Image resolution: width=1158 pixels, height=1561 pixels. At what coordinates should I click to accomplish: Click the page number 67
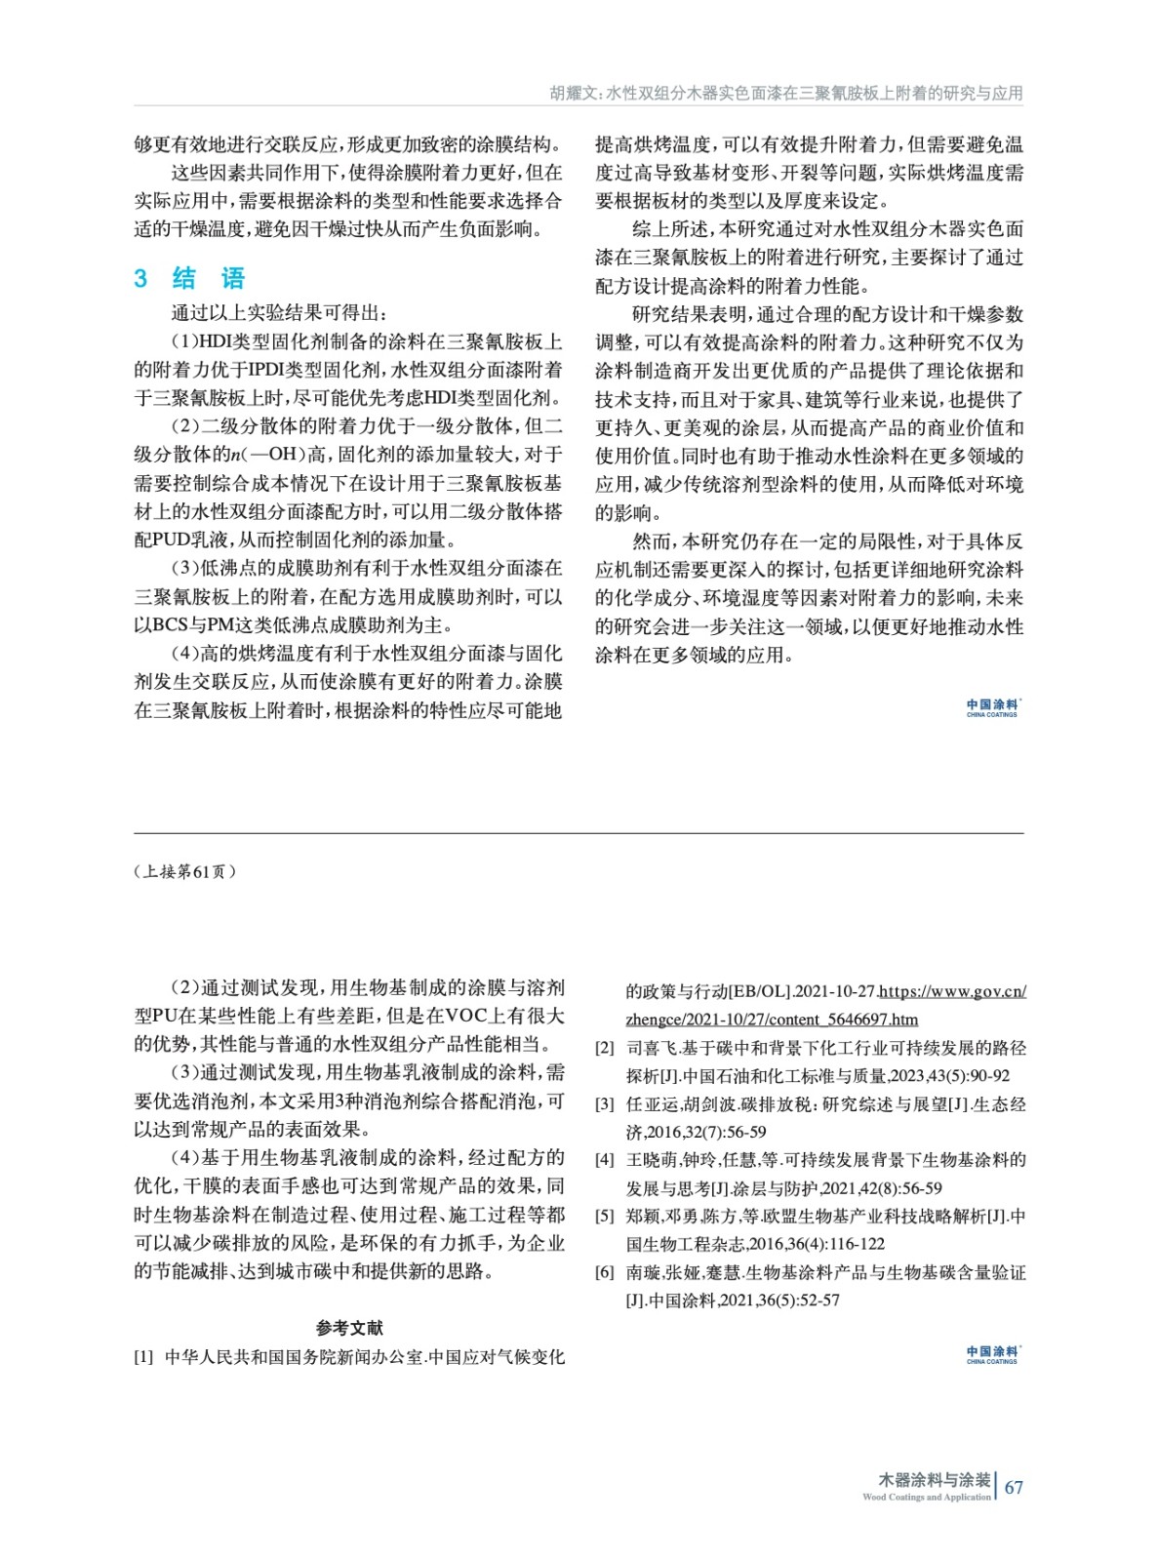click(x=1014, y=1487)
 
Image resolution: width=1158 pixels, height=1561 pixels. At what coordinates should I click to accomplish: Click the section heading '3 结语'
click(x=189, y=278)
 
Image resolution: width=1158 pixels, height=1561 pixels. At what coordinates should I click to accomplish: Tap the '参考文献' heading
click(x=349, y=1328)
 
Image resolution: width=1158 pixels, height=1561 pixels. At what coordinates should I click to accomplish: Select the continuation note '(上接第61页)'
click(x=184, y=871)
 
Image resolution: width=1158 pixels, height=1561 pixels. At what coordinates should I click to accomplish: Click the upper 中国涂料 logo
click(x=992, y=707)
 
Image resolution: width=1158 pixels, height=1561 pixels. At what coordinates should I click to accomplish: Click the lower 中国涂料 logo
click(x=992, y=1354)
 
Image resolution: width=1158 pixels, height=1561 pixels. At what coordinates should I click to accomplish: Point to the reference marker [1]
click(x=143, y=1357)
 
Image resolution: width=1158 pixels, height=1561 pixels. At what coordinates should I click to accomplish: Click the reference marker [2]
click(x=605, y=1048)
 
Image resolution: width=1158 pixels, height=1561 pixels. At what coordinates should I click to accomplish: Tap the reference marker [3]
click(x=605, y=1104)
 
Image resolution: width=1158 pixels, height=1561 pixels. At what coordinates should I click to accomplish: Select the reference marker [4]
click(x=605, y=1160)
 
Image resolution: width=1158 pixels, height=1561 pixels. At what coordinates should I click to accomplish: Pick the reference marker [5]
click(x=605, y=1217)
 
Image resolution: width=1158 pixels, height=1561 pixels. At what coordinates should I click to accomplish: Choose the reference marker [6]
click(x=605, y=1272)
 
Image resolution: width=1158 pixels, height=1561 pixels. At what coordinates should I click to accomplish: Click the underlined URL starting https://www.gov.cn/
click(x=952, y=991)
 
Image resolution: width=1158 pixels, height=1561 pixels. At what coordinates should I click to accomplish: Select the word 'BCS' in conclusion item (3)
click(x=170, y=624)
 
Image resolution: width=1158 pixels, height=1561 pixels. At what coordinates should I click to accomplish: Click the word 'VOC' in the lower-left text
click(x=470, y=1016)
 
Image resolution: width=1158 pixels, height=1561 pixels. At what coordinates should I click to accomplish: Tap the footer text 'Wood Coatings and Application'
click(x=926, y=1497)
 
